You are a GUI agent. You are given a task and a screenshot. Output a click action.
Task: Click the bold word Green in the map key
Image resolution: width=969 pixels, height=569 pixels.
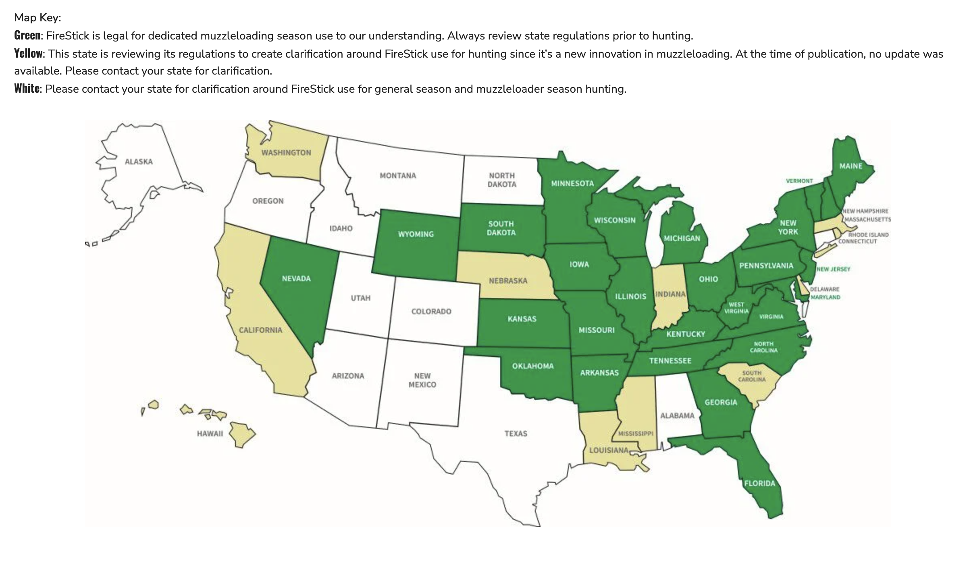[27, 35]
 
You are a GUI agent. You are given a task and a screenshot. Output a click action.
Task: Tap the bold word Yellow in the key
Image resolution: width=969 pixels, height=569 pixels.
[28, 53]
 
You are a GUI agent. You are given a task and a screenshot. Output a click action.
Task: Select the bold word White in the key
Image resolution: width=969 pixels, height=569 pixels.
[27, 88]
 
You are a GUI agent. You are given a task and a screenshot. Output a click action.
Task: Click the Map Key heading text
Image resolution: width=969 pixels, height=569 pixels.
[37, 18]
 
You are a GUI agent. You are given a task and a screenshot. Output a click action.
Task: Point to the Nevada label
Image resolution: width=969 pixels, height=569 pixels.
[296, 278]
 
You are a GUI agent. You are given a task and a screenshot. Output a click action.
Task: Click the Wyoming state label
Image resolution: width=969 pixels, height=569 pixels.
[416, 234]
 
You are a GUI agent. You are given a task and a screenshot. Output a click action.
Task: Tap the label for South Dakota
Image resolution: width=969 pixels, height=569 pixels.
[501, 228]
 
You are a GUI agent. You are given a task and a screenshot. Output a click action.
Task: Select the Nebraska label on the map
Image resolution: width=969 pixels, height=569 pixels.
[508, 281]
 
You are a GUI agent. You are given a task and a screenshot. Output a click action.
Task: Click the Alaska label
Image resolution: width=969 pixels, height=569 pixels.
[139, 162]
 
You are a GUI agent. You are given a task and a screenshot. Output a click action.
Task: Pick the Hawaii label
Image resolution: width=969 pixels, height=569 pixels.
[210, 434]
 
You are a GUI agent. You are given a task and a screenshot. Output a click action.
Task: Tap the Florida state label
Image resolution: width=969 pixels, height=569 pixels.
[759, 483]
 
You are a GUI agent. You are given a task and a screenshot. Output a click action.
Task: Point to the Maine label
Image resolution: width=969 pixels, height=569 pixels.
[851, 166]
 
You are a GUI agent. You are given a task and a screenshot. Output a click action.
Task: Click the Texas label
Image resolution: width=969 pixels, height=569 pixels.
[516, 434]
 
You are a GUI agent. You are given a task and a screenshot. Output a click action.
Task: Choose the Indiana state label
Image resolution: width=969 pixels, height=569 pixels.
[670, 294]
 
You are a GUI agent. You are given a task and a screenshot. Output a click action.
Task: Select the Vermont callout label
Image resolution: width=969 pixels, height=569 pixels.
[799, 181]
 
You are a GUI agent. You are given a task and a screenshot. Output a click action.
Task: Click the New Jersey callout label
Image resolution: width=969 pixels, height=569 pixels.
[834, 269]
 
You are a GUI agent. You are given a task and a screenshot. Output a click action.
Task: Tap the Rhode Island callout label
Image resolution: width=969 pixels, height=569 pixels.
[868, 235]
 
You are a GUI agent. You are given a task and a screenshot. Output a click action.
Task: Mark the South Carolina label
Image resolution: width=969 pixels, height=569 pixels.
[752, 376]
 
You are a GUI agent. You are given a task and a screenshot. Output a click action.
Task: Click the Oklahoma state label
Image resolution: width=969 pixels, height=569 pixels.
[532, 366]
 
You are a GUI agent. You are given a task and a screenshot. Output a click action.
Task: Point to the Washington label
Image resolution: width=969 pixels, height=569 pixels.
[286, 153]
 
